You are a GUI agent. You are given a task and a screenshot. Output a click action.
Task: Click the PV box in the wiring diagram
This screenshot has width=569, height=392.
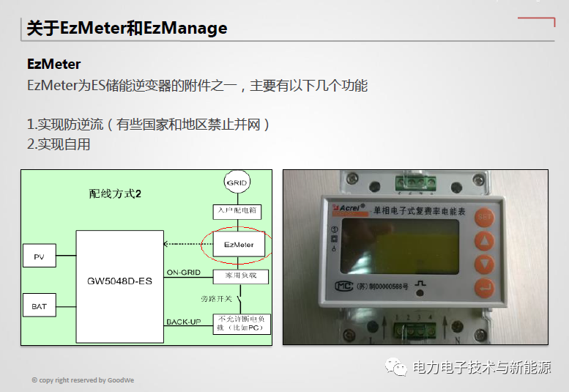click(x=39, y=256)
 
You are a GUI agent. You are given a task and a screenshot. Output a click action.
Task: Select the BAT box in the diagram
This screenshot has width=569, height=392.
click(x=39, y=306)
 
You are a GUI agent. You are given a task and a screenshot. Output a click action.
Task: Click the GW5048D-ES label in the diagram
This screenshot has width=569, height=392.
click(x=119, y=281)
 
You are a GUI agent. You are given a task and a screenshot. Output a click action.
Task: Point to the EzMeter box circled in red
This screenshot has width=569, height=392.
click(x=239, y=244)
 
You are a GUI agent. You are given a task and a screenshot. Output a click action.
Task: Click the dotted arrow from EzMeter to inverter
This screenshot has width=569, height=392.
click(x=187, y=244)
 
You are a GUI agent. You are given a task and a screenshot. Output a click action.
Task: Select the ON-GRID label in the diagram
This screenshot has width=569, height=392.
click(x=183, y=273)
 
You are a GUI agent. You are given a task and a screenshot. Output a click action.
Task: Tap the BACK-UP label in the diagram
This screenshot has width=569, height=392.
click(x=183, y=322)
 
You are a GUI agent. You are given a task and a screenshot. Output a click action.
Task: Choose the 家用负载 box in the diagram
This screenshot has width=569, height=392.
click(x=239, y=276)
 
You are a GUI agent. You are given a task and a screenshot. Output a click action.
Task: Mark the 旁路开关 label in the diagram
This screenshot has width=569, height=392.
click(x=217, y=299)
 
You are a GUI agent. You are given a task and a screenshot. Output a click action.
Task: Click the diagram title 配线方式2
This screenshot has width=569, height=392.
click(x=114, y=194)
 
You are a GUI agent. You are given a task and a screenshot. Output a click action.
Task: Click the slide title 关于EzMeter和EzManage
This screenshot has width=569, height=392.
click(x=127, y=29)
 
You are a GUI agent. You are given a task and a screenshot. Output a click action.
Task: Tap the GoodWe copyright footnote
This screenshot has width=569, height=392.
click(x=83, y=380)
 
